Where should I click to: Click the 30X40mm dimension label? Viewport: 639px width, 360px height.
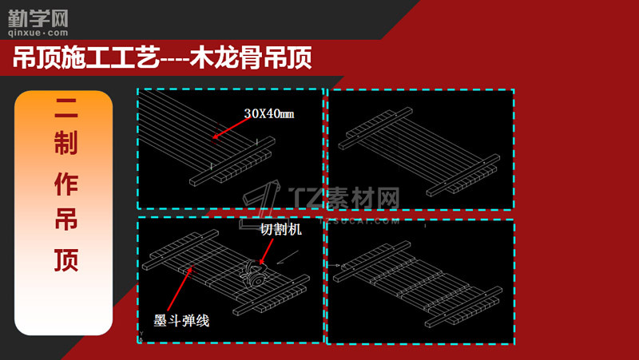(x=269, y=113)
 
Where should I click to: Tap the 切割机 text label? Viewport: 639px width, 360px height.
(x=281, y=229)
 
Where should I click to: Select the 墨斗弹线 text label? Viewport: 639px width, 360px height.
(x=181, y=321)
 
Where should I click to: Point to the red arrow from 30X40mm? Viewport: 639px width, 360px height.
(x=231, y=128)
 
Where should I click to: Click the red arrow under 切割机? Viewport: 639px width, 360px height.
(x=266, y=251)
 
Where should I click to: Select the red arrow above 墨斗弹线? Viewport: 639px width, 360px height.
(x=179, y=288)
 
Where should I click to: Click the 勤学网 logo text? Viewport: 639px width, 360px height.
(x=38, y=19)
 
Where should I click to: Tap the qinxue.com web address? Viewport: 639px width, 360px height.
(x=38, y=33)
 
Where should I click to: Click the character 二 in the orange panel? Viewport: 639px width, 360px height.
(x=66, y=108)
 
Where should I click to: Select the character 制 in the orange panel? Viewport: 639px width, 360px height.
(x=66, y=143)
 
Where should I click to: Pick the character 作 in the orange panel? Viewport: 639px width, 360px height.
(x=66, y=184)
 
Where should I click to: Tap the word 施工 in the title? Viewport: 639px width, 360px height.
(x=85, y=57)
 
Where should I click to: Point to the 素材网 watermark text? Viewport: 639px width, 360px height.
(x=364, y=198)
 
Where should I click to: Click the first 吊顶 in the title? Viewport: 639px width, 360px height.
(x=37, y=57)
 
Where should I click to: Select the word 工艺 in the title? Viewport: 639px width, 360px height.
(x=134, y=57)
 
